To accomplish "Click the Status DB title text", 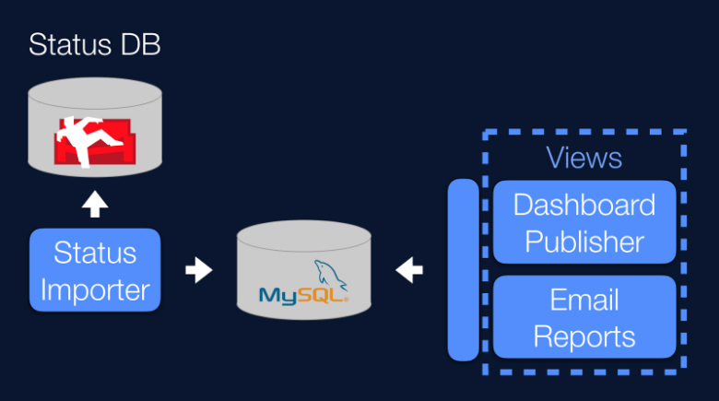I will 95,45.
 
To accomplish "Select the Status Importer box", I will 95,270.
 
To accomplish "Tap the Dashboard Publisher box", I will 584,222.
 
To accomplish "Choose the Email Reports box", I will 584,317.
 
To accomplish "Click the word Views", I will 583,158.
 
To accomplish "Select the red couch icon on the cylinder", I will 95,140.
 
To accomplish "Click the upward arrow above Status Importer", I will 95,205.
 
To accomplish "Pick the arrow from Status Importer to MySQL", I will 198,271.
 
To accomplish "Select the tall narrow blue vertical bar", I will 463,270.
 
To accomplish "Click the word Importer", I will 95,289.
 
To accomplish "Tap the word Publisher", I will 584,242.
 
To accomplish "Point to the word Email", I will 584,300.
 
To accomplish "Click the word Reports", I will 584,336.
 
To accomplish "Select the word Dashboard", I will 584,204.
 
